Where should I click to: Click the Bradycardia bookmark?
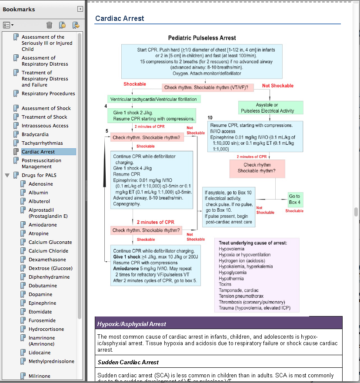coord(35,134)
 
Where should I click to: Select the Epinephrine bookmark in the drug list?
coord(42,303)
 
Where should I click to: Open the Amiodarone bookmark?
coord(43,225)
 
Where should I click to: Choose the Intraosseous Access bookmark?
coord(45,126)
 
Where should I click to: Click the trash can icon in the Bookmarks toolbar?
coord(50,25)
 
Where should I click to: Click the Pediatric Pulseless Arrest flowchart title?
coord(202,38)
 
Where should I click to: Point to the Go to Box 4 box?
coord(294,199)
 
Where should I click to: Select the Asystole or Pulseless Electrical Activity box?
coord(270,108)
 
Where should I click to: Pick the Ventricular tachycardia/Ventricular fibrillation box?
coord(153,99)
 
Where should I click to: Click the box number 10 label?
coord(210,118)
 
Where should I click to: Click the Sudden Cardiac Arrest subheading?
coord(128,362)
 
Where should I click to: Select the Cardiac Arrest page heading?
coord(120,18)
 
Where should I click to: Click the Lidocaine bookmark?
coord(40,353)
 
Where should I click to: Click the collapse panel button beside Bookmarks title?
coord(80,9)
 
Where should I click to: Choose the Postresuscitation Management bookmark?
coord(41,163)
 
